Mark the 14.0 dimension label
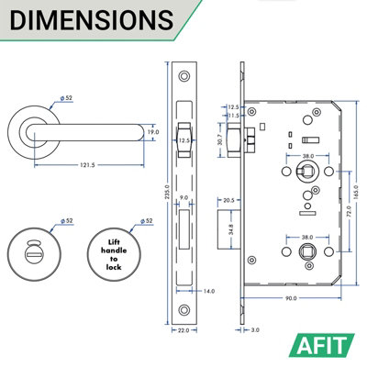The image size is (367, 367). point(210,291)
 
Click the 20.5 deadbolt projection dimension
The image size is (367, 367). point(229,200)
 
